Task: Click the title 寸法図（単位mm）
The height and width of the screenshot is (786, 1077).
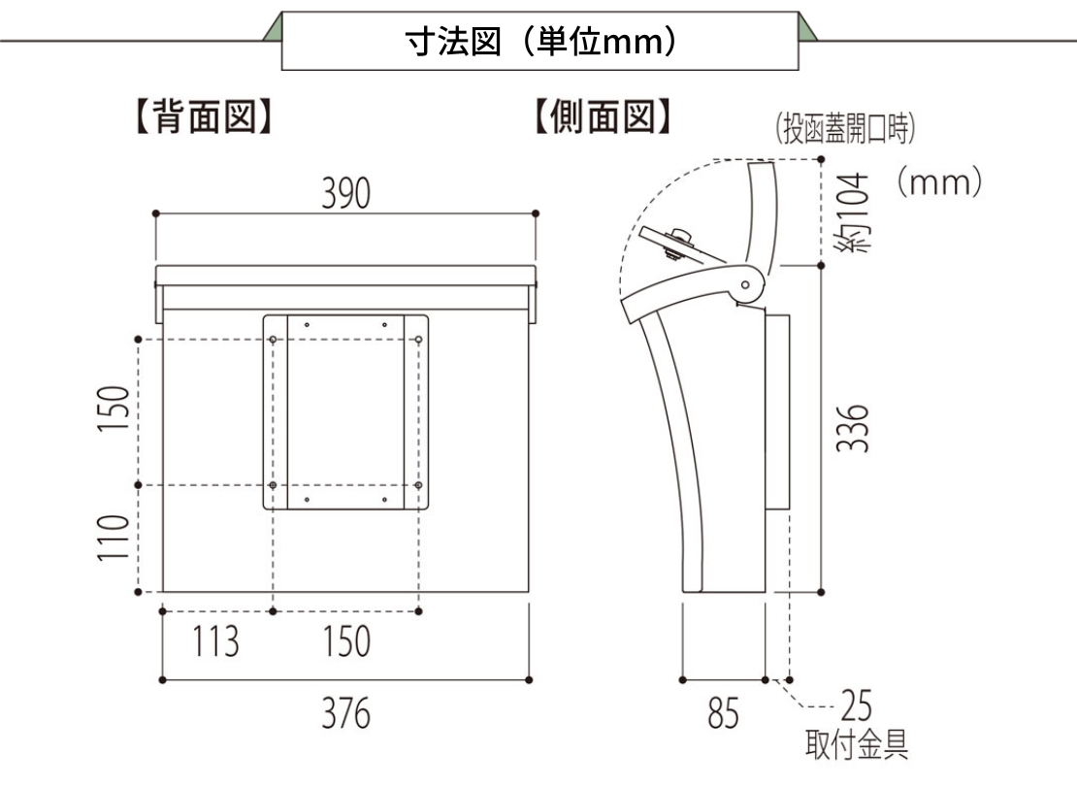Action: [541, 42]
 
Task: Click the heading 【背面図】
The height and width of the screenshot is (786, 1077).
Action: [205, 115]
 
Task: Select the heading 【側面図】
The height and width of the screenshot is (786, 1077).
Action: [603, 115]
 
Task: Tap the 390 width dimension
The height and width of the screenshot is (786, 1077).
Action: [346, 193]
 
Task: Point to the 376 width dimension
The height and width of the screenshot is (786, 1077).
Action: [346, 712]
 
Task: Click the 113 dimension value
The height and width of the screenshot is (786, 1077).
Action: [215, 641]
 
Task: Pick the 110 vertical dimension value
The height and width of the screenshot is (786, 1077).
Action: [114, 538]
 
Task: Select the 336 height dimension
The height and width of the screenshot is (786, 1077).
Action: [853, 428]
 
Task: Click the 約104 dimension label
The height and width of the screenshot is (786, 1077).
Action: [853, 213]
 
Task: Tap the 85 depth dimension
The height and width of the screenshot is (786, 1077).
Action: [723, 712]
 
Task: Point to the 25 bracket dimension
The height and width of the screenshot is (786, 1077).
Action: [857, 705]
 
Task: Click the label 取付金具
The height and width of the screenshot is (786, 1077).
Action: [857, 744]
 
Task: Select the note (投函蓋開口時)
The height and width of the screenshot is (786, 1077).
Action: [845, 128]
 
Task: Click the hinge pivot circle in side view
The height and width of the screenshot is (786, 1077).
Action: [745, 284]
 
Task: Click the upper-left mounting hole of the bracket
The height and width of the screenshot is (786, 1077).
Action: [273, 340]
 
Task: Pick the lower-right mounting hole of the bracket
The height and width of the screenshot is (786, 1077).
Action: [418, 486]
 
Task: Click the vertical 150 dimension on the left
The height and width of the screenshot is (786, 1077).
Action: [114, 409]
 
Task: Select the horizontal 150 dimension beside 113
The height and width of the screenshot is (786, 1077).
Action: [346, 641]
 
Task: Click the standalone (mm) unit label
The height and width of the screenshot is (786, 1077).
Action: [939, 182]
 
